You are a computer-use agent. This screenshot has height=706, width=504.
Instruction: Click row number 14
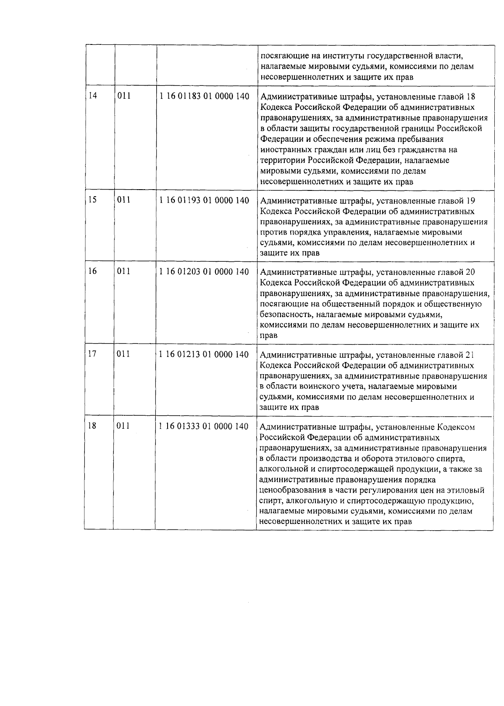pyautogui.click(x=92, y=96)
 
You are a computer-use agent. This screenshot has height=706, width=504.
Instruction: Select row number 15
pyautogui.click(x=92, y=200)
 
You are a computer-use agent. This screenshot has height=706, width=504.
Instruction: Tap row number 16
pyautogui.click(x=92, y=271)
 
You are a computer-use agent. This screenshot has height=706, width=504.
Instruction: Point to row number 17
pyautogui.click(x=92, y=354)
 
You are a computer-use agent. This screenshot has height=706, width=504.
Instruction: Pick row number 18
pyautogui.click(x=92, y=426)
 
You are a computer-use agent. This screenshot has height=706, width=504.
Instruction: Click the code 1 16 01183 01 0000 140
pyautogui.click(x=205, y=96)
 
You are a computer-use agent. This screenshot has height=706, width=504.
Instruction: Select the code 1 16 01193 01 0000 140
pyautogui.click(x=205, y=200)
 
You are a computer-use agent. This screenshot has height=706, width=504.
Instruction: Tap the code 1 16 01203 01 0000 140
pyautogui.click(x=205, y=271)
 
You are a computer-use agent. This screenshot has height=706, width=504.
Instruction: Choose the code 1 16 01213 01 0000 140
pyautogui.click(x=205, y=354)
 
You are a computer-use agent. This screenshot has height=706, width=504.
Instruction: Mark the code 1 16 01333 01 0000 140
pyautogui.click(x=205, y=426)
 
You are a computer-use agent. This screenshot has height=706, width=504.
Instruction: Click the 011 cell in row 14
pyautogui.click(x=124, y=96)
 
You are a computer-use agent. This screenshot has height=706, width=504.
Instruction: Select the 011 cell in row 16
pyautogui.click(x=124, y=271)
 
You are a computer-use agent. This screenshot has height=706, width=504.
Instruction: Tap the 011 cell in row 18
pyautogui.click(x=124, y=426)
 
